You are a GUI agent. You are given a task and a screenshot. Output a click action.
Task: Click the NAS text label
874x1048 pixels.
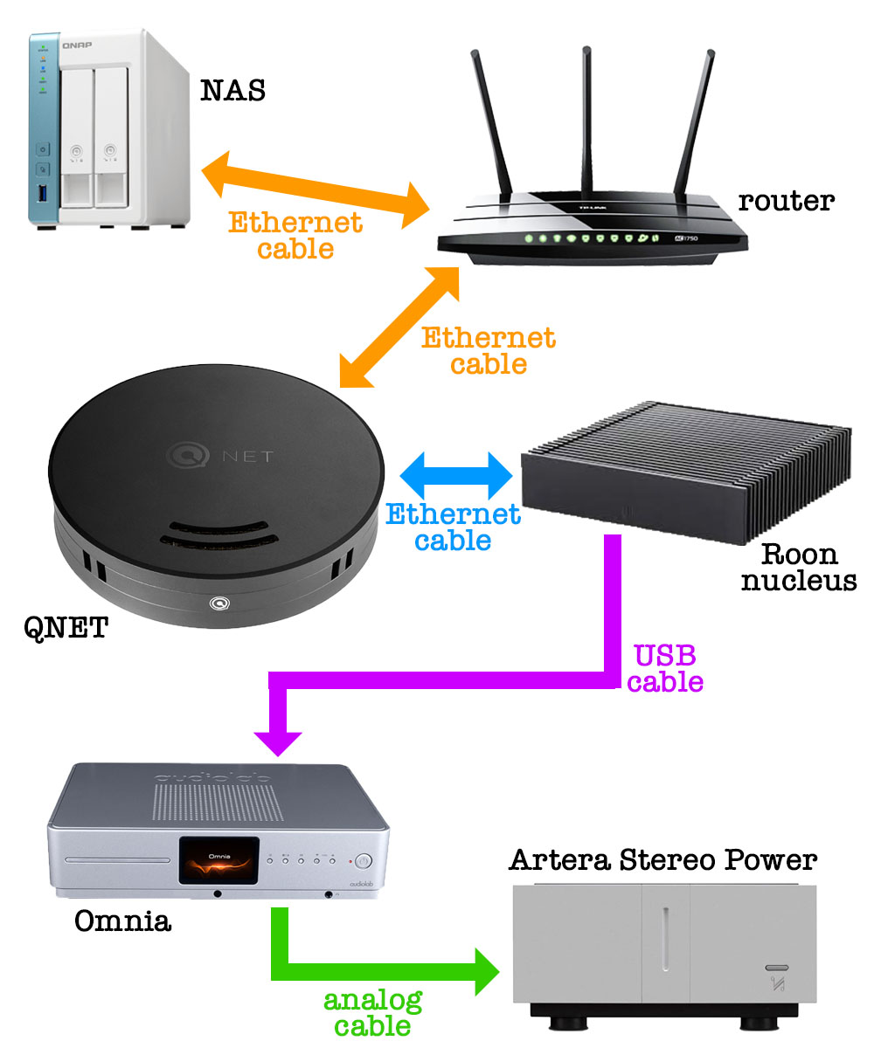(232, 90)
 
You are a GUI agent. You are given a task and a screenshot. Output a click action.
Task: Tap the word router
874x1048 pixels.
(786, 201)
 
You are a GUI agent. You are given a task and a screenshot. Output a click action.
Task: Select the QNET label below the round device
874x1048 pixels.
(66, 625)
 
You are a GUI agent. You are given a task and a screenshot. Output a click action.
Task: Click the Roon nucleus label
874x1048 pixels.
(799, 567)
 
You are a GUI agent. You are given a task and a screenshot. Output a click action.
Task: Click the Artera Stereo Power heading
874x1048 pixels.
(662, 860)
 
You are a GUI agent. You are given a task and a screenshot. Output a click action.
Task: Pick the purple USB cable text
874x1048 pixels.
(665, 668)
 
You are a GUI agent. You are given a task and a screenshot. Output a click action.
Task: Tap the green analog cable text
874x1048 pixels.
(373, 1012)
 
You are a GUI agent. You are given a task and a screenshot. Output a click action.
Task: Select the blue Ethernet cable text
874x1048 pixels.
(453, 527)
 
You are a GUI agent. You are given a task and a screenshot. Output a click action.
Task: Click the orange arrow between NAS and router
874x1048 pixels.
(316, 188)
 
